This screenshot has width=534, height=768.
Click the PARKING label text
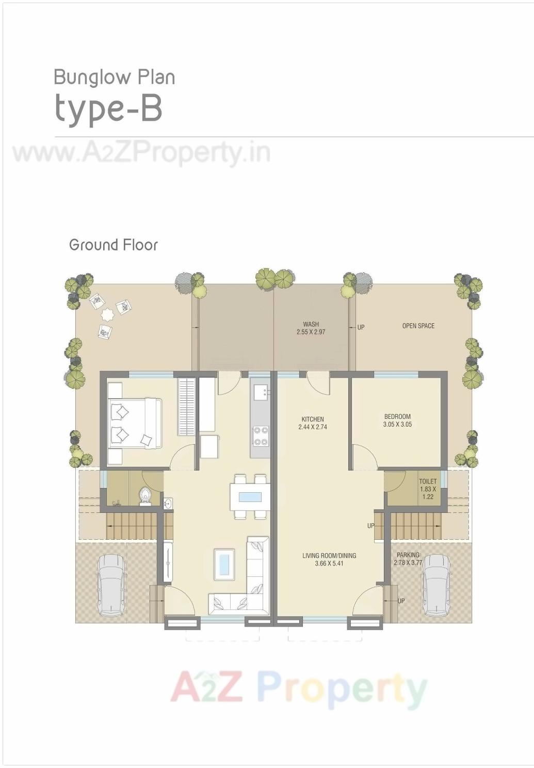click(408, 555)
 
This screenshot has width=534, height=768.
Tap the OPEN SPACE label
click(418, 326)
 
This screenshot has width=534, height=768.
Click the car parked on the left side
click(111, 585)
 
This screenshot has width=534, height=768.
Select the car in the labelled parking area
click(436, 585)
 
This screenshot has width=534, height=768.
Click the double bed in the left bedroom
click(135, 423)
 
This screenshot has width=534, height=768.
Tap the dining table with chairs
click(250, 497)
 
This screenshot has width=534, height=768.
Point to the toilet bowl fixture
click(145, 495)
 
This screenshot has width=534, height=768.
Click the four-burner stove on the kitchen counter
click(260, 435)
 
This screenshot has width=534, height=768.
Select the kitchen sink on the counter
click(260, 392)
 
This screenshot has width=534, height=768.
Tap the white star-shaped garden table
click(107, 315)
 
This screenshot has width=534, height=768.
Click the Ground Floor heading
click(114, 245)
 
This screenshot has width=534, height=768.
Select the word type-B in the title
click(109, 108)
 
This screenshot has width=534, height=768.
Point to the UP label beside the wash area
click(361, 327)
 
